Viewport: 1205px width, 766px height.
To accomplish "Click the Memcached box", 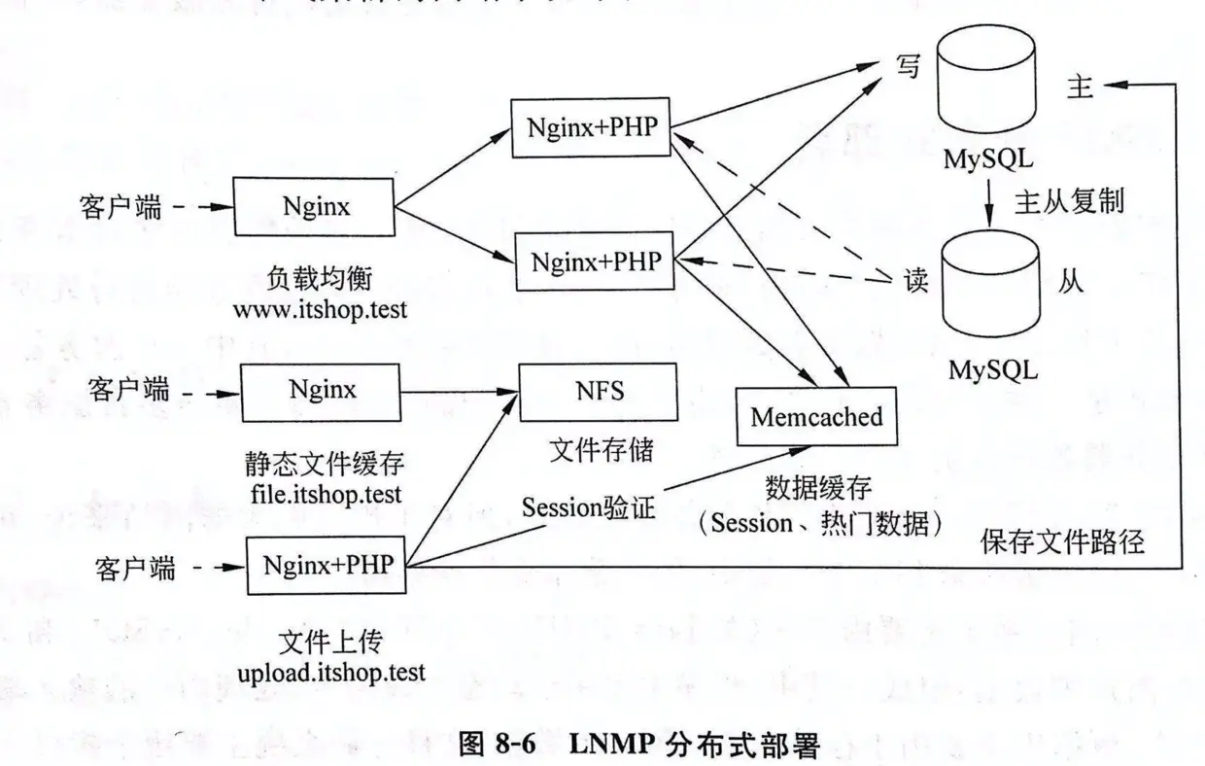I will point(816,417).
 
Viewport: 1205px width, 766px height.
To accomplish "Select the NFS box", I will point(599,391).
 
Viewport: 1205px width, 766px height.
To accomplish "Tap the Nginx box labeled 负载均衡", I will point(316,206).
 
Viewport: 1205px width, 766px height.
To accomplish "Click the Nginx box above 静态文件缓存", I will point(322,391).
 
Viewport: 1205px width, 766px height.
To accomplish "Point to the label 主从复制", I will point(1069,201).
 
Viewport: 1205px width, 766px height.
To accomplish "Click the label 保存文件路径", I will point(1061,541).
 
